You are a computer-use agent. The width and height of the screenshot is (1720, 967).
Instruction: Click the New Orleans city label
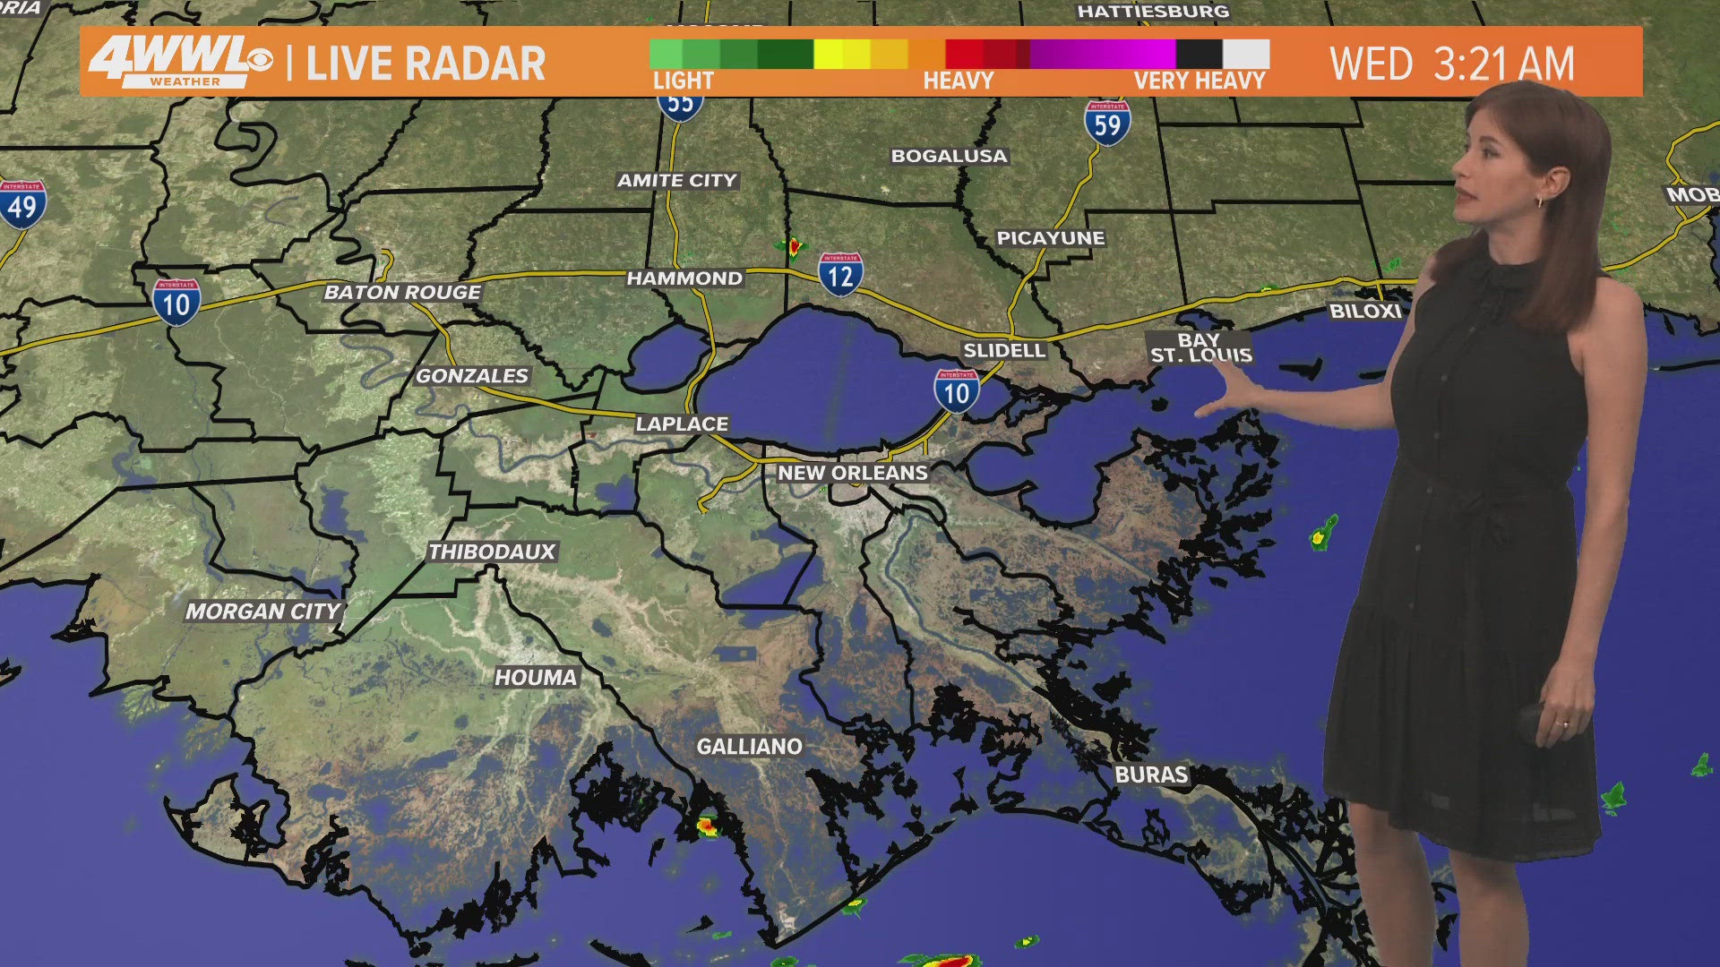pyautogui.click(x=852, y=473)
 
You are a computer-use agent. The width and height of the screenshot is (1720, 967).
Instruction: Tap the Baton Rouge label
pyautogui.click(x=402, y=292)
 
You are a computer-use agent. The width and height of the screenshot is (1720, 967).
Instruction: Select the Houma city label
pyautogui.click(x=536, y=678)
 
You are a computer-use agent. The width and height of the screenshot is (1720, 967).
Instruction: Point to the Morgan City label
pyautogui.click(x=263, y=612)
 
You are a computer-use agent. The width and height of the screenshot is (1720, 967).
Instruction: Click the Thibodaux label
pyautogui.click(x=492, y=552)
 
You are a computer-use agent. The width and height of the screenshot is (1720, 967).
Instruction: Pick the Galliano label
pyautogui.click(x=750, y=747)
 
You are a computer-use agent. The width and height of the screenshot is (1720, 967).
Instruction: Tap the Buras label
pyautogui.click(x=1151, y=774)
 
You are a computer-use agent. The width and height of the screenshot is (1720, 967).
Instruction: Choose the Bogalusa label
pyautogui.click(x=949, y=156)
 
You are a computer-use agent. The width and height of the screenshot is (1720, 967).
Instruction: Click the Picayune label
pyautogui.click(x=1051, y=238)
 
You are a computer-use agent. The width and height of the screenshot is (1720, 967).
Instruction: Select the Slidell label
pyautogui.click(x=1004, y=351)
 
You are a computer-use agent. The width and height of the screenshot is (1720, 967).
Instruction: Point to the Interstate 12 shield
pyautogui.click(x=840, y=274)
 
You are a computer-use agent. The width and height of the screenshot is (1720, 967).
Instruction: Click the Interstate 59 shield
pyautogui.click(x=1107, y=123)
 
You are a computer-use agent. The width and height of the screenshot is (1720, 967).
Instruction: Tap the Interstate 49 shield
pyautogui.click(x=22, y=205)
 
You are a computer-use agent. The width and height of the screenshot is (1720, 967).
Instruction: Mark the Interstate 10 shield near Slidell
pyautogui.click(x=956, y=391)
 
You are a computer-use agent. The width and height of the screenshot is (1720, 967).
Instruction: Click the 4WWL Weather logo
pyautogui.click(x=179, y=62)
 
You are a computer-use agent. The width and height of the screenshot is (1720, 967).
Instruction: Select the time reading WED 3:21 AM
pyautogui.click(x=1451, y=64)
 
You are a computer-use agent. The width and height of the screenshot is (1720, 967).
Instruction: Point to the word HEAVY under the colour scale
pyautogui.click(x=959, y=81)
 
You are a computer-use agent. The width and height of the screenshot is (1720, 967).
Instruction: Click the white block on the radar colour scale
pyautogui.click(x=1246, y=54)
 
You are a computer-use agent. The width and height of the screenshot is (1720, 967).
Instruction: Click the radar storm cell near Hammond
pyautogui.click(x=793, y=245)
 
